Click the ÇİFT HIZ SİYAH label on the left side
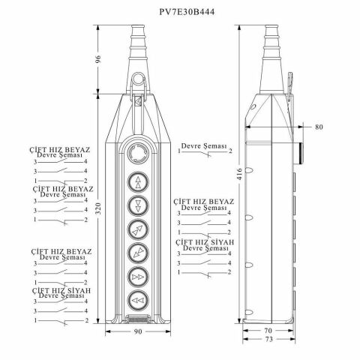click(62, 289)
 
